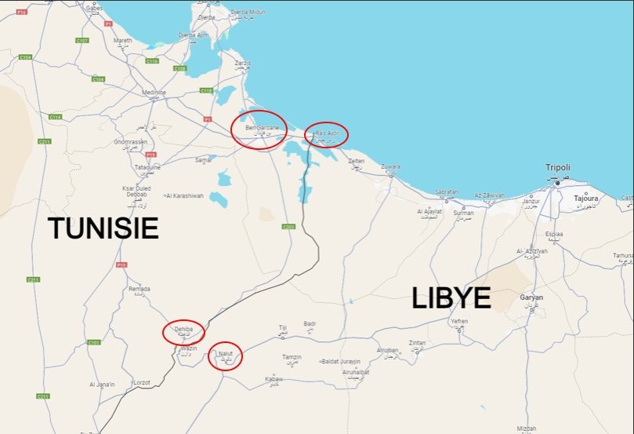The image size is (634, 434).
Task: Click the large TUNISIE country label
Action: [103, 228]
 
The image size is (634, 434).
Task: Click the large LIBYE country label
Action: [451, 298]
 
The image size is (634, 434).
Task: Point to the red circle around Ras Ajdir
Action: [326, 134]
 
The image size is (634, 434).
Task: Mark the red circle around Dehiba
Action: [183, 331]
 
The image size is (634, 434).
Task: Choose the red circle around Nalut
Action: [226, 356]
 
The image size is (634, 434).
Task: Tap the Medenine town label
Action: [154, 93]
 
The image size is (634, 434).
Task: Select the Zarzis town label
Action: [243, 62]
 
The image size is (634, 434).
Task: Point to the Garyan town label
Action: [531, 297]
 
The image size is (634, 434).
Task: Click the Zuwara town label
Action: [390, 166]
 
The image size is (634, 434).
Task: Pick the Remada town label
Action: [139, 289]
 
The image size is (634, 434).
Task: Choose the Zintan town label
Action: [418, 343]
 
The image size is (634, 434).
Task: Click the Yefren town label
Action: [459, 321]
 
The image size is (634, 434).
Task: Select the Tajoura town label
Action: [585, 199]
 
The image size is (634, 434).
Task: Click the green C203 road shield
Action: [288, 227]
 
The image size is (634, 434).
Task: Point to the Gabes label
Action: [94, 8]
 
